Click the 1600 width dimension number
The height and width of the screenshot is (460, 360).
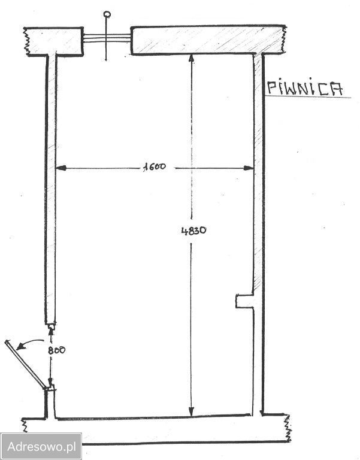(155, 167)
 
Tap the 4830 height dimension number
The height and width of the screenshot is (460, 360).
(193, 231)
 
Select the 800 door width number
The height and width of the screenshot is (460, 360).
(56, 350)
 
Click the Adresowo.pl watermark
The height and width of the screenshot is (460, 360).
(41, 446)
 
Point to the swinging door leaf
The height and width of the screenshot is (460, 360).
(26, 365)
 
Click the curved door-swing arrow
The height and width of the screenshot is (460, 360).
(30, 343)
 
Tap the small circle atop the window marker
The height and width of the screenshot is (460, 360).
(107, 14)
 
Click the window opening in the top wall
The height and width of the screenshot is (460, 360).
(107, 38)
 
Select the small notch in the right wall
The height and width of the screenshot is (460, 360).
(245, 301)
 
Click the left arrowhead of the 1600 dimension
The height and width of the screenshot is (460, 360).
(60, 168)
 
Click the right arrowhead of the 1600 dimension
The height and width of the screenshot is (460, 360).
(249, 168)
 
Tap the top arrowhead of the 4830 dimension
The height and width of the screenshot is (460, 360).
(191, 59)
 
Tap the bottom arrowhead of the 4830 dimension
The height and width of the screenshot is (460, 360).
(191, 411)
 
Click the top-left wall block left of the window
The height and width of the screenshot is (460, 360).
(54, 41)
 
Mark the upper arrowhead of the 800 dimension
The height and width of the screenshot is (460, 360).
(51, 331)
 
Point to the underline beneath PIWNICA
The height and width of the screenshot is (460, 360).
(308, 96)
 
